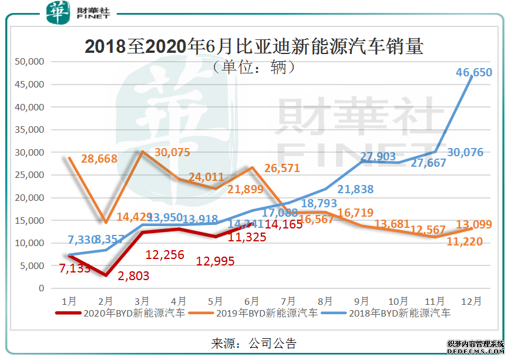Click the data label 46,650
pyautogui.click(x=475, y=73)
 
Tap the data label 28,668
pyautogui.click(x=99, y=159)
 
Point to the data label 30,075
pyautogui.click(x=171, y=152)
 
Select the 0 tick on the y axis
pyautogui.click(x=41, y=288)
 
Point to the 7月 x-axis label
pyautogui.click(x=289, y=301)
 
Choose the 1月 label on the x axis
pyautogui.click(x=69, y=301)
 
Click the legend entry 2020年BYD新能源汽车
pyautogui.click(x=120, y=314)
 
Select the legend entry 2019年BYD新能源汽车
pyautogui.click(x=253, y=314)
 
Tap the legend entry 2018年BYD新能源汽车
pyautogui.click(x=385, y=314)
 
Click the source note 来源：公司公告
pyautogui.click(x=253, y=343)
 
